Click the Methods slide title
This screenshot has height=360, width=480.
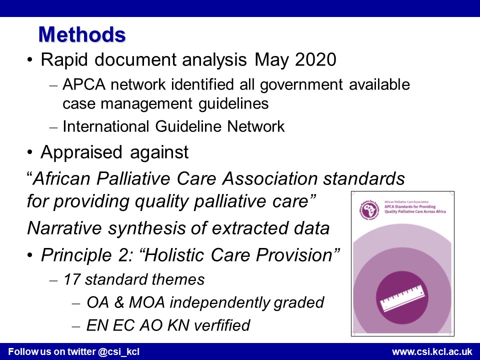(82, 34)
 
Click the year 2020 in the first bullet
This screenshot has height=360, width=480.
(315, 59)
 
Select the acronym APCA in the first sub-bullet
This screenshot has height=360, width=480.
(84, 85)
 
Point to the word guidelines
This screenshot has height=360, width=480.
(233, 104)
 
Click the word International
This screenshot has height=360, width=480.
(106, 126)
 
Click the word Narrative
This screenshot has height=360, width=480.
(64, 228)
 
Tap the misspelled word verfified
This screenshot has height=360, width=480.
(222, 325)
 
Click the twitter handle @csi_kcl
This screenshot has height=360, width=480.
(118, 351)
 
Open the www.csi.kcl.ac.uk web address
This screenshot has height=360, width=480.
(432, 351)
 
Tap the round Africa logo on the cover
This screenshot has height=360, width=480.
(369, 210)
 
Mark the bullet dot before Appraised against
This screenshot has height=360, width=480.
(29, 152)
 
